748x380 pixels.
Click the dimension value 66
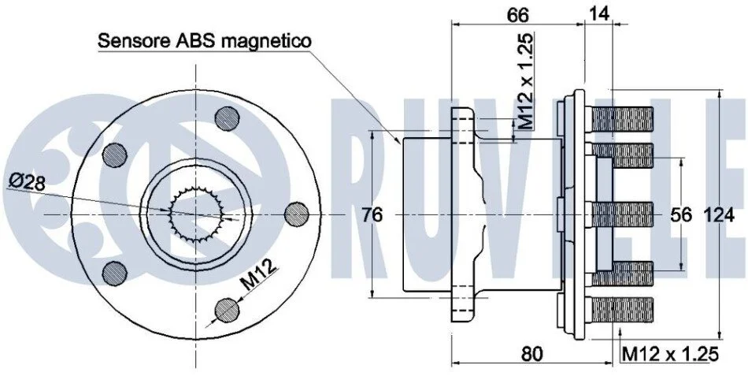click(x=517, y=15)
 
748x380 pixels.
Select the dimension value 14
click(x=599, y=14)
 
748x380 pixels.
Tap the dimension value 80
click(x=532, y=354)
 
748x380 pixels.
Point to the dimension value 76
click(x=372, y=214)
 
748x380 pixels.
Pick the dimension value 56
click(x=681, y=214)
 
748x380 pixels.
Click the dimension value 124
click(x=719, y=215)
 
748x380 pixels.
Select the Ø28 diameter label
click(x=28, y=182)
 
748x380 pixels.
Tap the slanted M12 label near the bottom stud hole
click(x=258, y=275)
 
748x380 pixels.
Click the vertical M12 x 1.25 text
click(x=525, y=81)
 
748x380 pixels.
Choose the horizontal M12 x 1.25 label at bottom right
click(x=670, y=354)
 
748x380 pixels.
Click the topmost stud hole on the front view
click(x=227, y=118)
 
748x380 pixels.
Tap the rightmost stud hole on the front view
click(x=297, y=214)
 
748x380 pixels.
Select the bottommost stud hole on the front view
click(x=227, y=311)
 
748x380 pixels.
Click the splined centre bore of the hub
click(x=196, y=214)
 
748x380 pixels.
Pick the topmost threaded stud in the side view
click(x=621, y=119)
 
